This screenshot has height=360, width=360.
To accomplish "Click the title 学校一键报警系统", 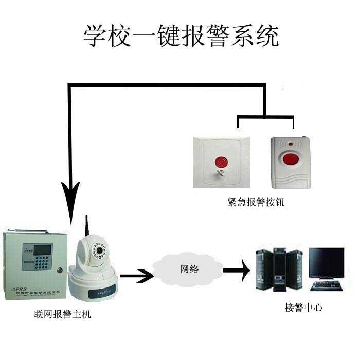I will [x=181, y=36].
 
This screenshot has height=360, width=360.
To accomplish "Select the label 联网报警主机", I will [x=61, y=313].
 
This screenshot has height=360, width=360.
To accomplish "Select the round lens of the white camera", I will [x=97, y=251].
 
